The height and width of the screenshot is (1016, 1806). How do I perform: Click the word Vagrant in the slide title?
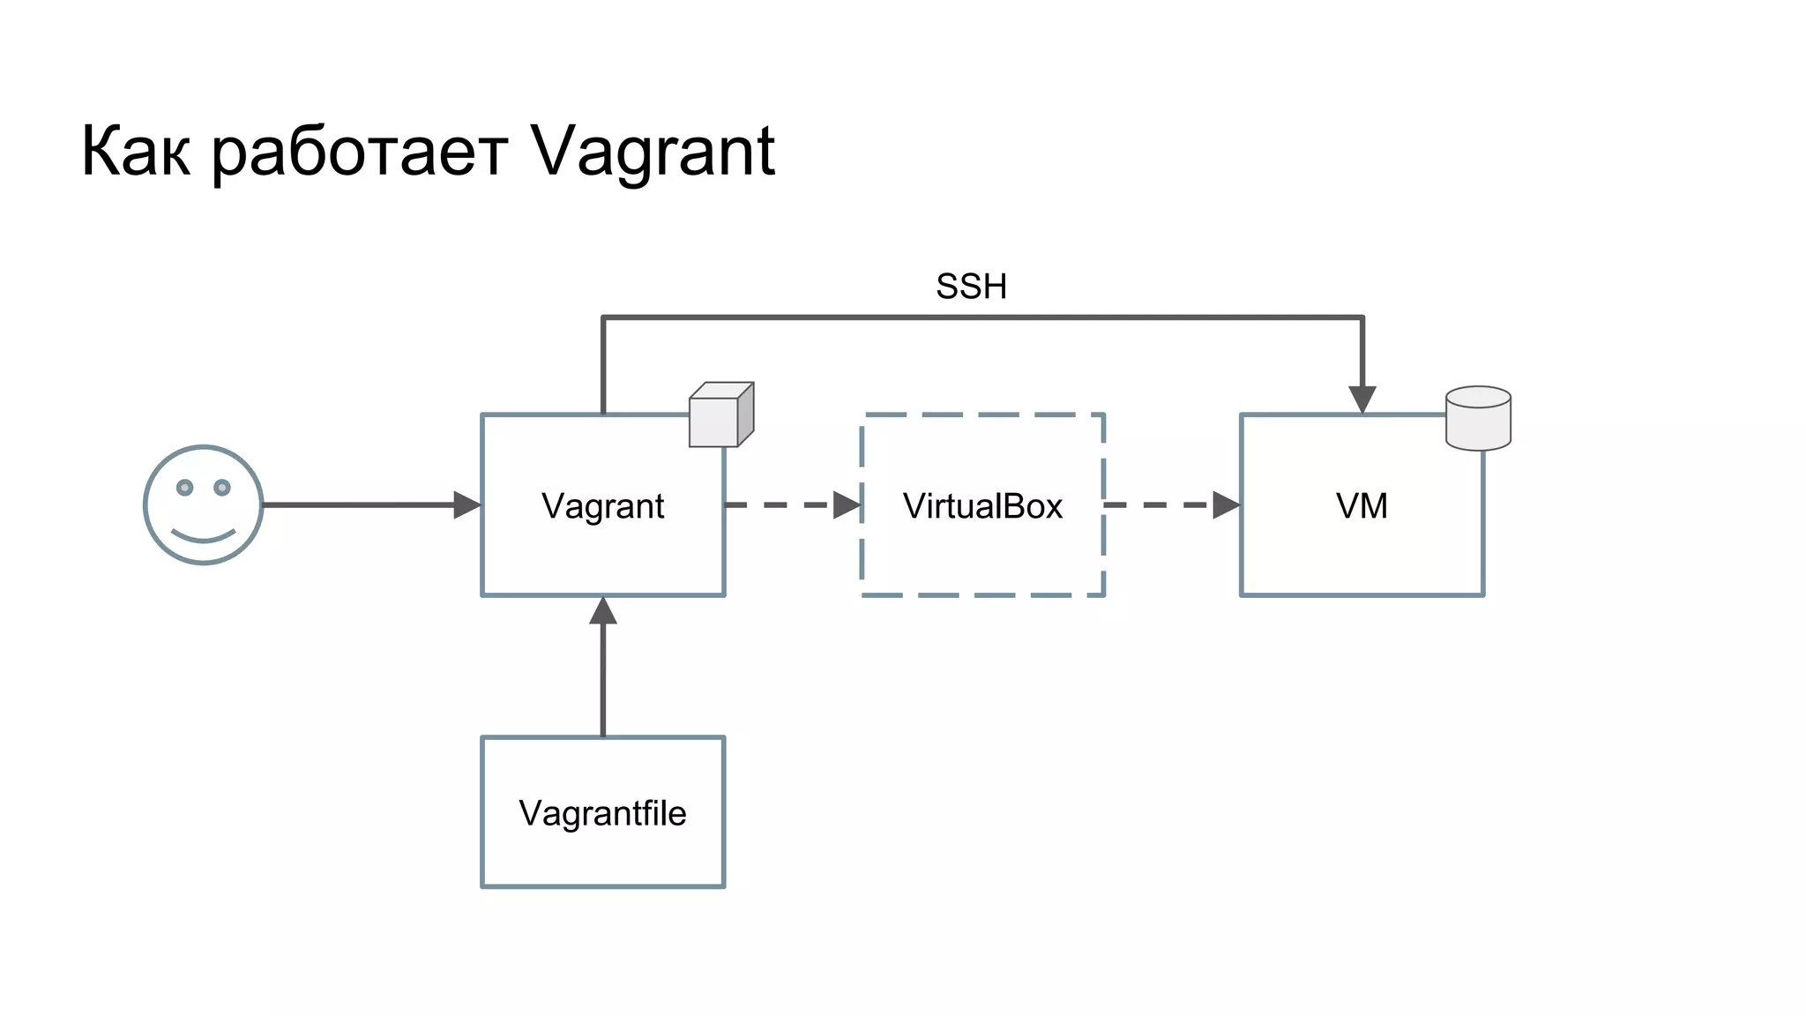(653, 152)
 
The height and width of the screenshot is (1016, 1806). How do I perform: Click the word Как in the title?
(136, 152)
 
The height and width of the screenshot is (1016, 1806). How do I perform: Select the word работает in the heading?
(360, 152)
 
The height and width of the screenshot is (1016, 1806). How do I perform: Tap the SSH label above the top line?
(971, 287)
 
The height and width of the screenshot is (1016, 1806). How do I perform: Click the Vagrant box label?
(602, 506)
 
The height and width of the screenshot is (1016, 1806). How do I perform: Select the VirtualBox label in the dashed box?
(982, 506)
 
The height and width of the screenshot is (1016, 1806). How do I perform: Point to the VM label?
(1362, 506)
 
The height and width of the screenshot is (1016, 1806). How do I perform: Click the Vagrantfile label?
(602, 813)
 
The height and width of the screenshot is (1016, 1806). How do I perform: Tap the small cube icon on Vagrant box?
(720, 415)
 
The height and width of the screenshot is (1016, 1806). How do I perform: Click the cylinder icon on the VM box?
(1478, 419)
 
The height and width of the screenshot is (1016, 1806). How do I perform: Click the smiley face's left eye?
(184, 488)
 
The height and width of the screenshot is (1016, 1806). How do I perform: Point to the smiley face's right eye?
(222, 488)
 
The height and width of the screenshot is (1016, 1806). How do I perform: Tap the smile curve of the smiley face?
(204, 535)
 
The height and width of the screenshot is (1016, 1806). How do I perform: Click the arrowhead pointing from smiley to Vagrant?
(466, 505)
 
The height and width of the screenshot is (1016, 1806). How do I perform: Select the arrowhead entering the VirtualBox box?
(847, 505)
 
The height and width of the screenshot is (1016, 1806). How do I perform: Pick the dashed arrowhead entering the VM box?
(1227, 505)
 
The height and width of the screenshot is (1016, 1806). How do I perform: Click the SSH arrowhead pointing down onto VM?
(1362, 400)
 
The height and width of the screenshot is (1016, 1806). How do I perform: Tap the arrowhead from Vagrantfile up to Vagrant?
(603, 611)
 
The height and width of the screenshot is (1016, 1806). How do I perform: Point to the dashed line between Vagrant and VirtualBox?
(776, 505)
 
